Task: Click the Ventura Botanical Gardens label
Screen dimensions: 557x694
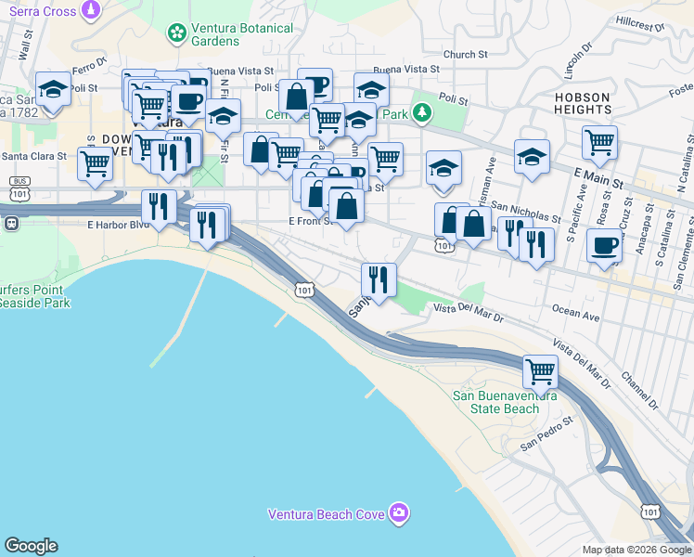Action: pyautogui.click(x=242, y=34)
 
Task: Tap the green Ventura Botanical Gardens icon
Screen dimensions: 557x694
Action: pyautogui.click(x=175, y=34)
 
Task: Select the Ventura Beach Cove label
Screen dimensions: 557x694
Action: pyautogui.click(x=328, y=513)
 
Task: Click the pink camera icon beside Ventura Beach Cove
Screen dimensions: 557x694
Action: pyautogui.click(x=399, y=512)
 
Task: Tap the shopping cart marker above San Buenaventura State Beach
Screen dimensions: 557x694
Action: pyautogui.click(x=541, y=372)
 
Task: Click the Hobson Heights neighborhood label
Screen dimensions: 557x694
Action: pyautogui.click(x=583, y=103)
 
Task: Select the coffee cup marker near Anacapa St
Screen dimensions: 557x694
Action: pyautogui.click(x=604, y=247)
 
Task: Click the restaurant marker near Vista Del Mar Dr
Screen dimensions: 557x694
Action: pyautogui.click(x=379, y=277)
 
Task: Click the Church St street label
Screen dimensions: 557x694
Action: pyautogui.click(x=465, y=56)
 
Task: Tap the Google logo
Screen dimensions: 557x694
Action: pyautogui.click(x=31, y=546)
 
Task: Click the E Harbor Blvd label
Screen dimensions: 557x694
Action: pyautogui.click(x=117, y=225)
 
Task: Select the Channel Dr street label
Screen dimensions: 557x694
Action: pyautogui.click(x=641, y=390)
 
